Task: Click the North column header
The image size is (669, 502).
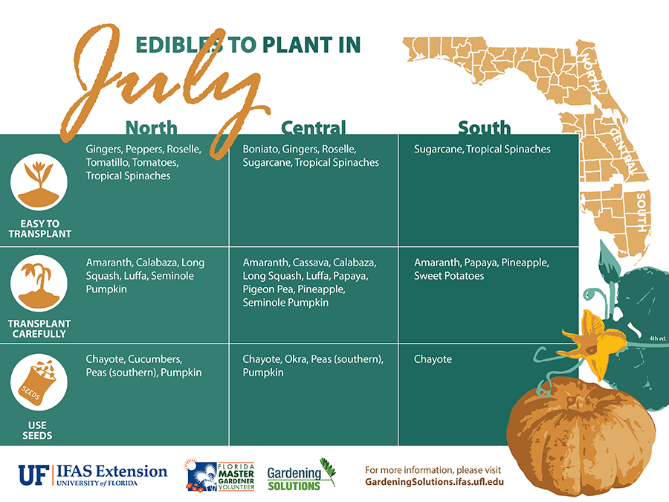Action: click(152, 128)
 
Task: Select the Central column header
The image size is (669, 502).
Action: click(313, 128)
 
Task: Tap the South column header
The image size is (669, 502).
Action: click(484, 128)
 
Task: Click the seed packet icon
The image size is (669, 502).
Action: click(39, 382)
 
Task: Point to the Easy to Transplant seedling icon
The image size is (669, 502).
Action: click(39, 182)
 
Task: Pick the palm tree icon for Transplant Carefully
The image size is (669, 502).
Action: click(39, 283)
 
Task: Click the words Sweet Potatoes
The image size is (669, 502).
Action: click(449, 276)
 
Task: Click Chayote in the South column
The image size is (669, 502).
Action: click(433, 359)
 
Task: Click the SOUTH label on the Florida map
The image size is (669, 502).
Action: click(641, 212)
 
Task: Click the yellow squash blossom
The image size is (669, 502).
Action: click(593, 342)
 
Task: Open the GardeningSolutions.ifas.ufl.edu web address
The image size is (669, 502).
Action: click(434, 482)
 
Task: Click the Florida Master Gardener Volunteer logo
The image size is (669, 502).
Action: click(220, 475)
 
